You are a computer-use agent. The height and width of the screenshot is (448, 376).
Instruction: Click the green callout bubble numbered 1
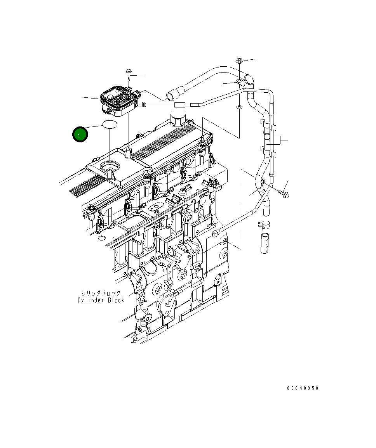80,135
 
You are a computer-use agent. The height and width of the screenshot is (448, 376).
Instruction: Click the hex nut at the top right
239,61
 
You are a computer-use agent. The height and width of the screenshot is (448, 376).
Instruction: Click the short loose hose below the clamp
265,244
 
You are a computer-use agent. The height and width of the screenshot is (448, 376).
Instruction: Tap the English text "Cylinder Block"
101,300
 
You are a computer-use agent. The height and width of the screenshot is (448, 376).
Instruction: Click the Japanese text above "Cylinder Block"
101,293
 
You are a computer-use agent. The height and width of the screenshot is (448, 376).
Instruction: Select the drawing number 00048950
303,388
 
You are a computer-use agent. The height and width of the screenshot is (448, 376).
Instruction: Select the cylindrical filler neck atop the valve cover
178,119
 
